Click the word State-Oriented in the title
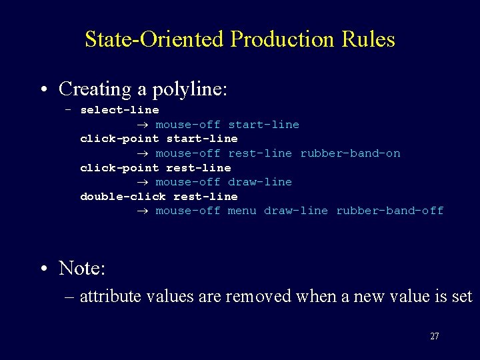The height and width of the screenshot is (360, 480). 154,39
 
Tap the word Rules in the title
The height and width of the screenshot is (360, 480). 368,39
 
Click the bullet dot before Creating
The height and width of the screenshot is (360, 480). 43,89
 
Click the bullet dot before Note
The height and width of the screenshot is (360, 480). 43,269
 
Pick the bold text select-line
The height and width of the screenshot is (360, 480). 119,110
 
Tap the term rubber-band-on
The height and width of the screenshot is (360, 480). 350,153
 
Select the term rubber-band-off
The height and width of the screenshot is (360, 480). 389,211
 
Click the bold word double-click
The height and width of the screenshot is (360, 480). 123,196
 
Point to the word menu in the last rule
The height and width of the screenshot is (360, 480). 242,211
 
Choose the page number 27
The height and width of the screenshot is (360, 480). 434,337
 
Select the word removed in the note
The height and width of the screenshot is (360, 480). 249,297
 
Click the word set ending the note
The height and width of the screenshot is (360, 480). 461,297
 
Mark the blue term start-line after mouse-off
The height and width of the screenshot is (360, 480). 263,125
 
